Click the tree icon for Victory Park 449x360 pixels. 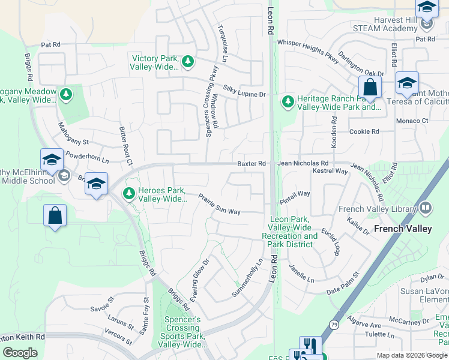(188, 61)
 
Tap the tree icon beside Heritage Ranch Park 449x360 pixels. (288, 101)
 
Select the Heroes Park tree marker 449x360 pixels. (128, 193)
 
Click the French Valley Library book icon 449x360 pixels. (426, 208)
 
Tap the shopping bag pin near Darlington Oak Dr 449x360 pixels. (370, 88)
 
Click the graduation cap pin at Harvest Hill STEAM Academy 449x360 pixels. (427, 8)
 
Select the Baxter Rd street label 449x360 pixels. (251, 163)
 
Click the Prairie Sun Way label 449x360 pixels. (220, 204)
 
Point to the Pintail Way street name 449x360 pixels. (295, 194)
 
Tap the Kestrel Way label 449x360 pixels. (330, 172)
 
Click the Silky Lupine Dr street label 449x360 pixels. (244, 91)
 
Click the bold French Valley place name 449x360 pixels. (402, 229)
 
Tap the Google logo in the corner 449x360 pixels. (20, 352)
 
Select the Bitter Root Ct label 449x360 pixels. (124, 146)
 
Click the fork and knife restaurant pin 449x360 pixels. (310, 346)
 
